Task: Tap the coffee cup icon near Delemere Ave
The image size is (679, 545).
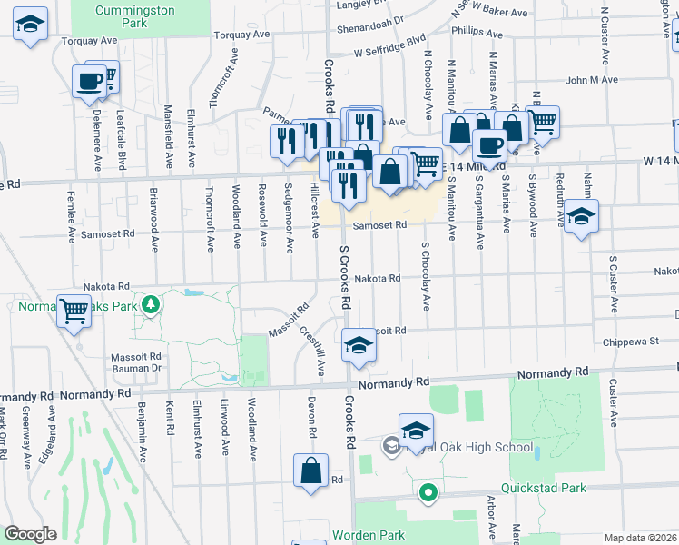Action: [89, 81]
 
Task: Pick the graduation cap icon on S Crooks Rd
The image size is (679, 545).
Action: [359, 346]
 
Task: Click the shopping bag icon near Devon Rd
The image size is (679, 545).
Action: [310, 471]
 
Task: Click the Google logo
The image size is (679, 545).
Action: [31, 534]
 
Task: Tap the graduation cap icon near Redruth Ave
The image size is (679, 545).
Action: [581, 216]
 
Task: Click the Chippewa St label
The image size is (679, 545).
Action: [630, 342]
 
